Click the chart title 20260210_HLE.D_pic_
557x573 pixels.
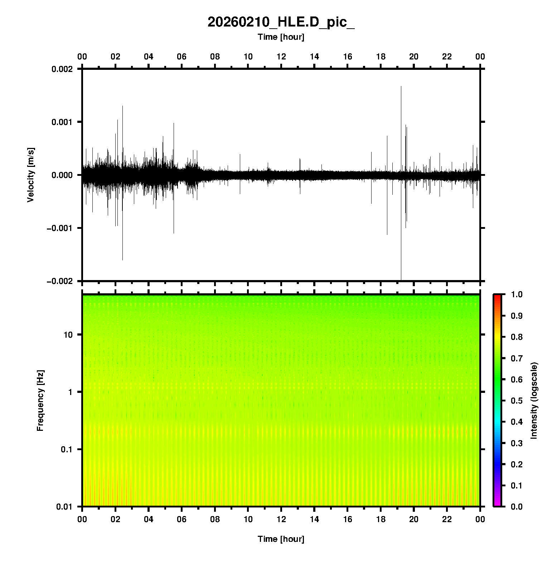(281, 22)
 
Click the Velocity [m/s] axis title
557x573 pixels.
(31, 175)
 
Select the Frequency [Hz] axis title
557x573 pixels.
(40, 401)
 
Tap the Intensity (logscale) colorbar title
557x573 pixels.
(534, 400)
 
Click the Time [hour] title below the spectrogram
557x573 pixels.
(281, 539)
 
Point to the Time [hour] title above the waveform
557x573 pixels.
(281, 37)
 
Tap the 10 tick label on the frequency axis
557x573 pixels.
(68, 335)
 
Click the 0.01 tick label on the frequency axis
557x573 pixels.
(64, 506)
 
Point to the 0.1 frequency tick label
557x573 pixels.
(67, 449)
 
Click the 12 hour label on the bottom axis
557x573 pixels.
(281, 519)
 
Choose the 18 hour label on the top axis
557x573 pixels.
(381, 57)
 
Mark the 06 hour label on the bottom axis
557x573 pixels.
(181, 519)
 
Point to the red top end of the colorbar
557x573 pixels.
(497, 297)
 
